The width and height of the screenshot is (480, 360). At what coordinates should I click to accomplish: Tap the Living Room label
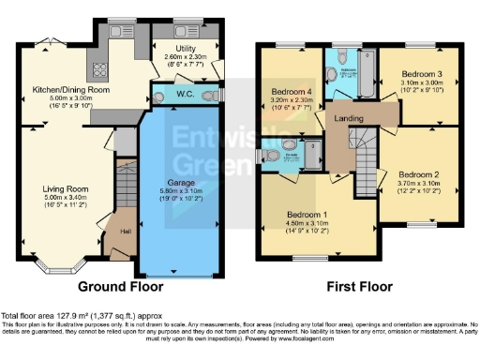click(64, 188)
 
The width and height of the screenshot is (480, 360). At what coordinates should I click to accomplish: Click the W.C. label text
click(185, 94)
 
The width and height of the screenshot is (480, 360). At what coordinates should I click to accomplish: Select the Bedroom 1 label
click(307, 214)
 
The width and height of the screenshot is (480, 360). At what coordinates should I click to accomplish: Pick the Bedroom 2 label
click(418, 175)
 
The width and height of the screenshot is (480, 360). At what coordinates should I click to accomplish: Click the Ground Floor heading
click(120, 286)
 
